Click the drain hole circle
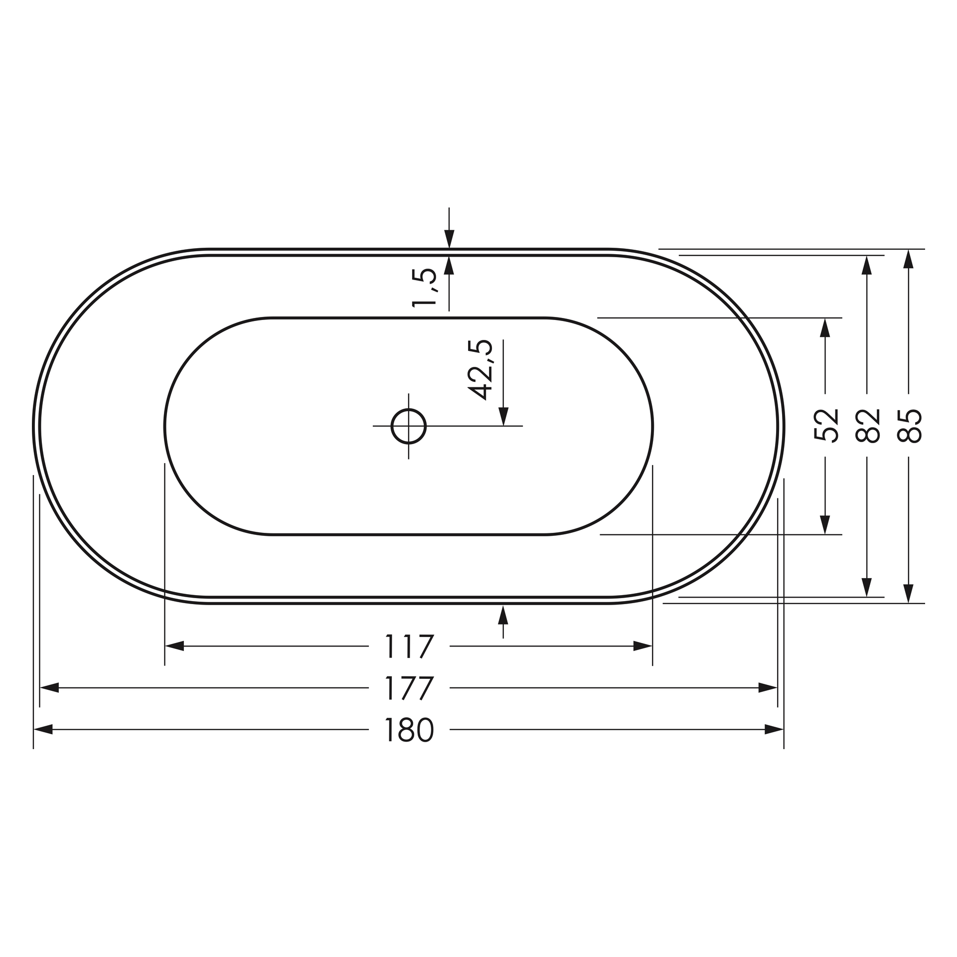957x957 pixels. tap(409, 426)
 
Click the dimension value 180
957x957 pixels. tap(409, 731)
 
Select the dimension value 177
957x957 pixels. tap(409, 688)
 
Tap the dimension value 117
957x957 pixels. tap(409, 646)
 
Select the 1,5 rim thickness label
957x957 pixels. tap(425, 287)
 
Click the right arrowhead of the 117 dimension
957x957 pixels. tap(642, 646)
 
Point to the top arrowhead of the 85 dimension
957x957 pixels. tap(909, 259)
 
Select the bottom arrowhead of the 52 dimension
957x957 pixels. tap(825, 525)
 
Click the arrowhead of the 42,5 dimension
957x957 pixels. tap(503, 416)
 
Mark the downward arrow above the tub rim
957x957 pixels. tap(449, 239)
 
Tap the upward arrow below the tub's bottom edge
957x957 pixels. tap(503, 615)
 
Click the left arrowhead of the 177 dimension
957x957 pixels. tap(49, 688)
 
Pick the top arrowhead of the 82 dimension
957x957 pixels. tap(867, 265)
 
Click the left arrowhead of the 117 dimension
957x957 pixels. tap(174, 646)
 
